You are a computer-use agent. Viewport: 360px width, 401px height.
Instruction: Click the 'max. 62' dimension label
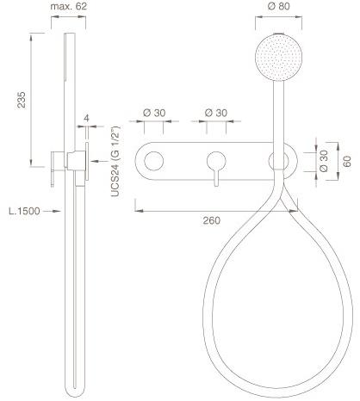tap(68, 6)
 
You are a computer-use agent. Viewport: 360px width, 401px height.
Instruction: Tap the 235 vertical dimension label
tap(22, 100)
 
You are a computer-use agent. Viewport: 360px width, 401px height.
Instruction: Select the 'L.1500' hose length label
tap(24, 211)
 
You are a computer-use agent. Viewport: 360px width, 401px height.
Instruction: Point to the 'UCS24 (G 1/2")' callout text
tap(115, 161)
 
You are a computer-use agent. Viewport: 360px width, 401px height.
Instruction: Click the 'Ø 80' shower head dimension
tap(278, 6)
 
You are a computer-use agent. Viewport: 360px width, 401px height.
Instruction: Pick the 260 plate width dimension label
tap(212, 220)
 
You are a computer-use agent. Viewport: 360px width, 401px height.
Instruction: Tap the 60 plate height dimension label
tap(347, 161)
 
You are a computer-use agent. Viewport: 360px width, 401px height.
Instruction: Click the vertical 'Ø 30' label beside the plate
tap(324, 161)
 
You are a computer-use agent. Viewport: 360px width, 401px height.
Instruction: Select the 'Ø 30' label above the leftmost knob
tap(154, 113)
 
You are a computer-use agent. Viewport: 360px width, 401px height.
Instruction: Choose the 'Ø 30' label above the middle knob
tap(216, 113)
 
